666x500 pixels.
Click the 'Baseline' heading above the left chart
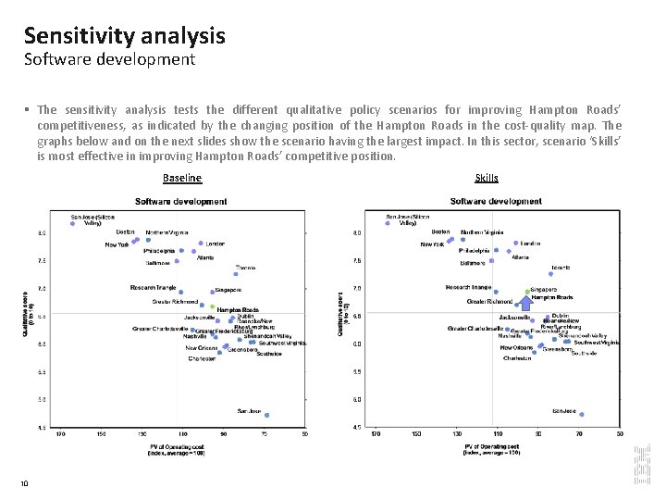pos(181,178)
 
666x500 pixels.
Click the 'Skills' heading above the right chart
pos(486,178)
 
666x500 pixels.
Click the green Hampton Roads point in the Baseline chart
pos(212,306)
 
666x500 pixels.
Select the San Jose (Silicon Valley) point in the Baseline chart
pos(72,223)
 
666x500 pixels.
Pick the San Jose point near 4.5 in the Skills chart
pos(581,415)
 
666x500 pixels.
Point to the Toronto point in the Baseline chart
pos(235,273)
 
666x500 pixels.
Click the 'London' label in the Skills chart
pos(530,244)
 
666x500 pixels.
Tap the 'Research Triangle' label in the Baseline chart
pos(153,288)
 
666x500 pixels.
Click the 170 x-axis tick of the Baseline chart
pos(61,433)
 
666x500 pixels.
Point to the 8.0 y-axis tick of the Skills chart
pos(357,233)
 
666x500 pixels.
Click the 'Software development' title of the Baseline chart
pos(180,202)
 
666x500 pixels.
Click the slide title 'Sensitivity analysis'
pos(125,36)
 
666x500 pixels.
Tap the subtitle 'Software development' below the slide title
pos(110,60)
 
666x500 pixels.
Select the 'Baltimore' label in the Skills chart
pos(473,262)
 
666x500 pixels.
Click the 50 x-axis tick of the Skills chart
pos(620,433)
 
